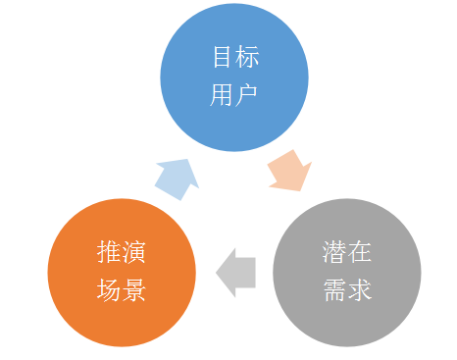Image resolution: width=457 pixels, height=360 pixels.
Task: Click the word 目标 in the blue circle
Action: [x=235, y=57]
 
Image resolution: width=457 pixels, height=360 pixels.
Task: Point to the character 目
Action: [x=223, y=57]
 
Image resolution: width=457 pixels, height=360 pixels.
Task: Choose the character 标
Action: [x=247, y=57]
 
